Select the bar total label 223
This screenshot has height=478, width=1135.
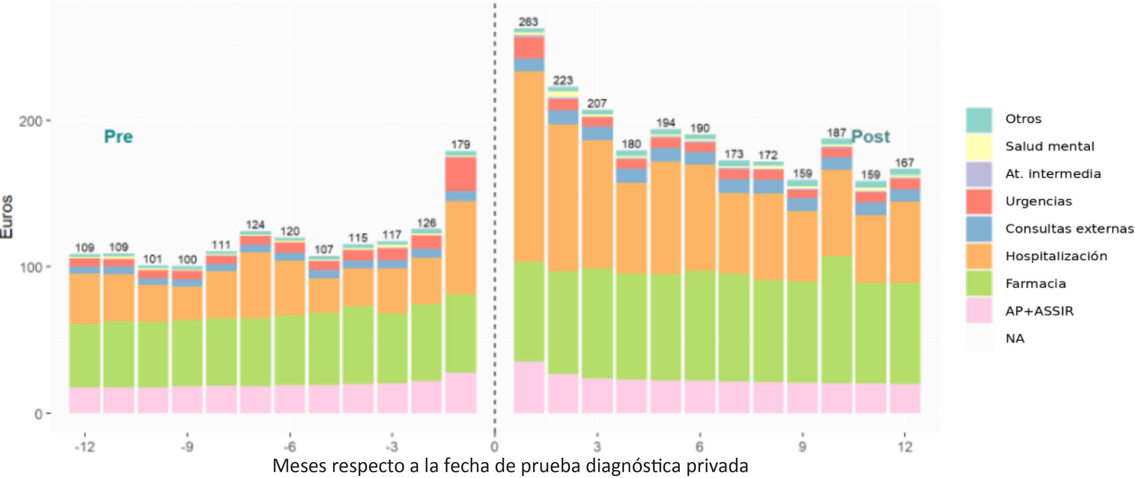click(x=563, y=80)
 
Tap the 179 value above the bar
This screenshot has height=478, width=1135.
click(x=460, y=144)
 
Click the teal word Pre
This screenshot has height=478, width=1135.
click(x=118, y=136)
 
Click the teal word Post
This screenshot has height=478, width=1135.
click(x=870, y=136)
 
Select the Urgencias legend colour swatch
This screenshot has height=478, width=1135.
click(x=979, y=201)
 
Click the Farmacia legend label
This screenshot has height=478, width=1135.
click(x=1035, y=284)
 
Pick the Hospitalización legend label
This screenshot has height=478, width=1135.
click(x=1056, y=256)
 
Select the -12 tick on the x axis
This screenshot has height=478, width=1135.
click(x=85, y=447)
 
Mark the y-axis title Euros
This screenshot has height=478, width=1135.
click(x=7, y=217)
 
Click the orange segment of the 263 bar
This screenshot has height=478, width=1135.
click(x=529, y=167)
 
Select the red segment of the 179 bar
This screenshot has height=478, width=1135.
click(x=461, y=174)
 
